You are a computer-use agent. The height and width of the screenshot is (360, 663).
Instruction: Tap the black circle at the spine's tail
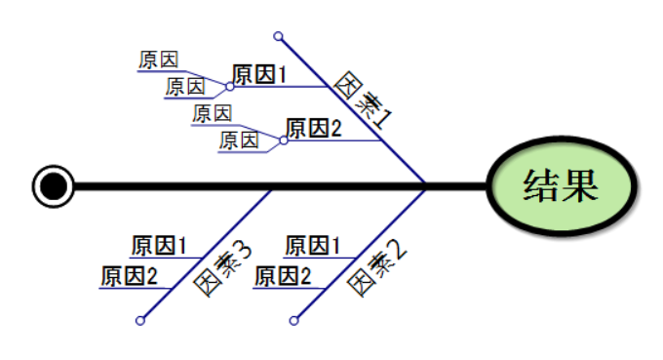pos(53,185)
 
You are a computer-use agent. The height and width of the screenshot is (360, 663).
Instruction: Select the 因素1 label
pos(364,100)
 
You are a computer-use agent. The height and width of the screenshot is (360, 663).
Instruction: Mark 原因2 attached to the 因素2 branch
pos(283,276)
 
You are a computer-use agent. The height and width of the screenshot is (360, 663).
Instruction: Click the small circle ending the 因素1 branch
pos(279,37)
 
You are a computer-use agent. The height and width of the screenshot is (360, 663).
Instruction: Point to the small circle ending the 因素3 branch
pos(140,320)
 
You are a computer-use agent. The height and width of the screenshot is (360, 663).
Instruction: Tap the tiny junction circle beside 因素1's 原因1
pos(230,86)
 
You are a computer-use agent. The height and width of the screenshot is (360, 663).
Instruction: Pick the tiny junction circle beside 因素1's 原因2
pos(284,140)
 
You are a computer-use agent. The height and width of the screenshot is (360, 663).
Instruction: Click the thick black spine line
pos(292,185)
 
